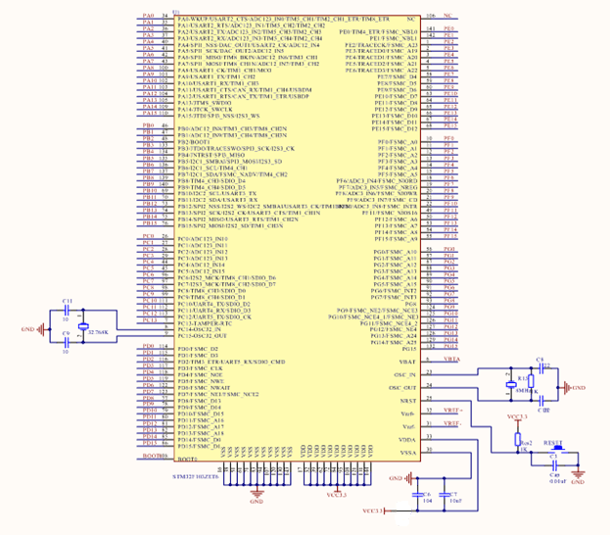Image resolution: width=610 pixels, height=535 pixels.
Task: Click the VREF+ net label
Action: click(x=452, y=410)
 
